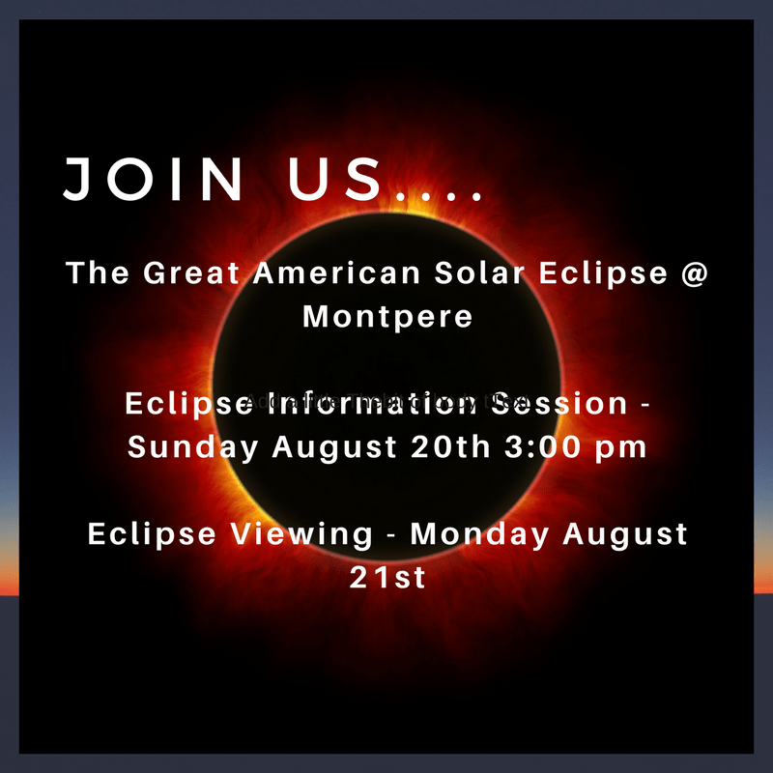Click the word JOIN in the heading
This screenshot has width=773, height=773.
[x=154, y=180]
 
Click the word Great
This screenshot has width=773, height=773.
[x=189, y=273]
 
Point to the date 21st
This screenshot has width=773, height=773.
[x=386, y=578]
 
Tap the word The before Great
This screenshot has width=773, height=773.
[x=98, y=273]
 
